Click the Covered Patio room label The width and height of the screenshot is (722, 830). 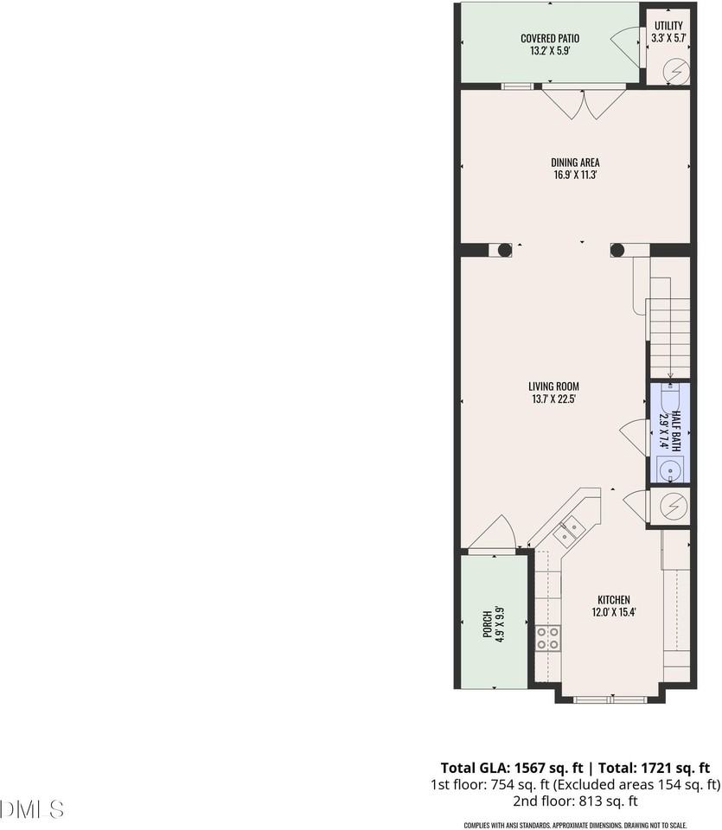coord(549,38)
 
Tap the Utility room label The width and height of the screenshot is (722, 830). coord(668,25)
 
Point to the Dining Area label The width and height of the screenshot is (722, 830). coord(575,162)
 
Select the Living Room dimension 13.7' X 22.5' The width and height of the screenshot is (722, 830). coord(554,399)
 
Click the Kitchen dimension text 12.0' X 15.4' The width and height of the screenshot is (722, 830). coord(614,613)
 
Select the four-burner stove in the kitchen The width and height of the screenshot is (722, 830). coord(547,639)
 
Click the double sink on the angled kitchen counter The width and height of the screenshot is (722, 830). coord(567,528)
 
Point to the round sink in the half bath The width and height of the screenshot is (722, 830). coord(670,470)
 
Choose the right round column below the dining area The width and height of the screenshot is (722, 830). coord(617,251)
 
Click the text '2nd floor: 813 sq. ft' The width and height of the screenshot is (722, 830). coord(575,801)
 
